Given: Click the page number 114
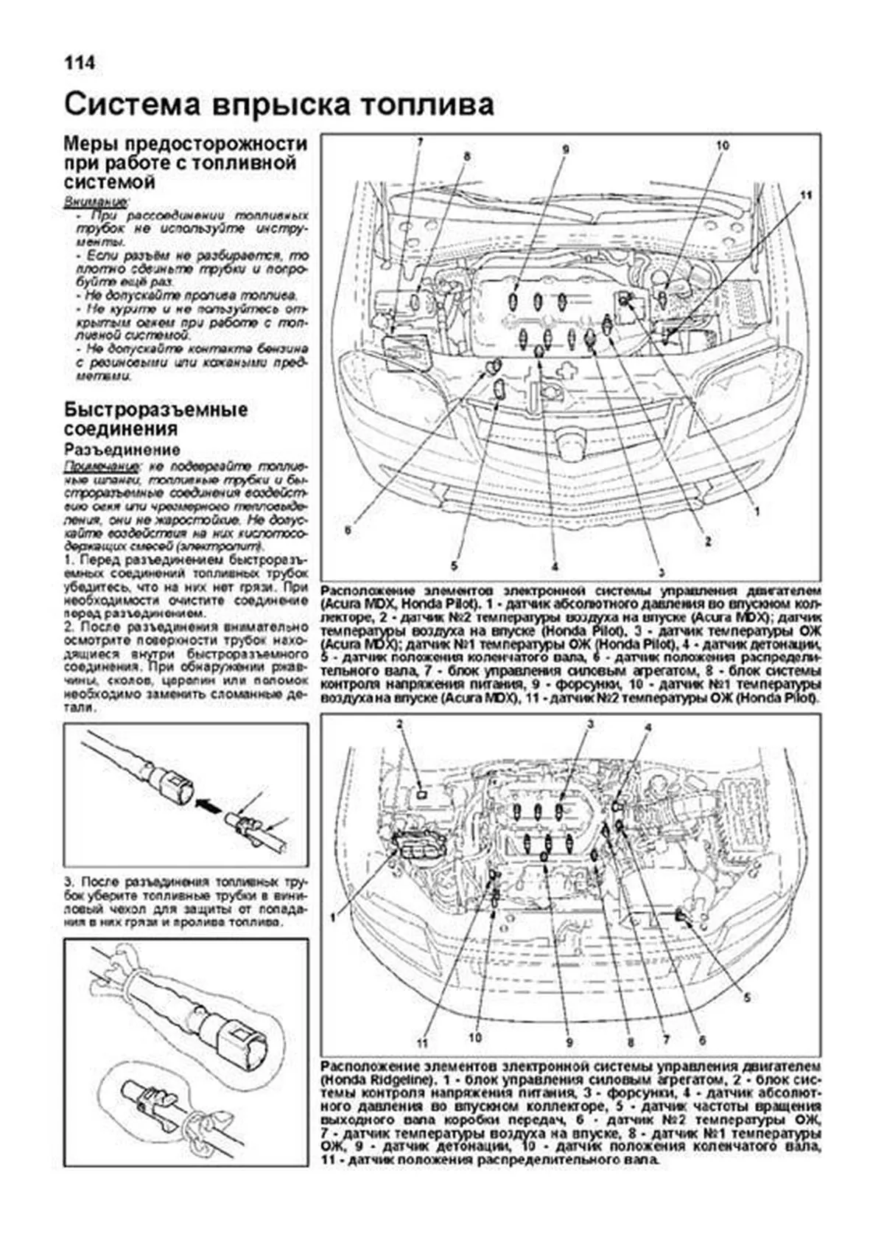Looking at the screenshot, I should coord(79,63).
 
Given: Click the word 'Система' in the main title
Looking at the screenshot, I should coord(132,105).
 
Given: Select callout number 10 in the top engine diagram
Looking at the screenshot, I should coord(721,146).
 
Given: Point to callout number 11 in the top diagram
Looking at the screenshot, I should coord(805,195).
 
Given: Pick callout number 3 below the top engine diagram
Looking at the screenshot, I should coord(661,573).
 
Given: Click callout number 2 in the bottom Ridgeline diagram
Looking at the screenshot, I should coord(400,725).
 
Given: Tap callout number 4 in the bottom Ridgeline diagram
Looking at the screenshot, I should coord(648,728).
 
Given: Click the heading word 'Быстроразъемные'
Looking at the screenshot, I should coord(155,410).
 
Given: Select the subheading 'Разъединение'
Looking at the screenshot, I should coord(122,450).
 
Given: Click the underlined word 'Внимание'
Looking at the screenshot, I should coord(95,201).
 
